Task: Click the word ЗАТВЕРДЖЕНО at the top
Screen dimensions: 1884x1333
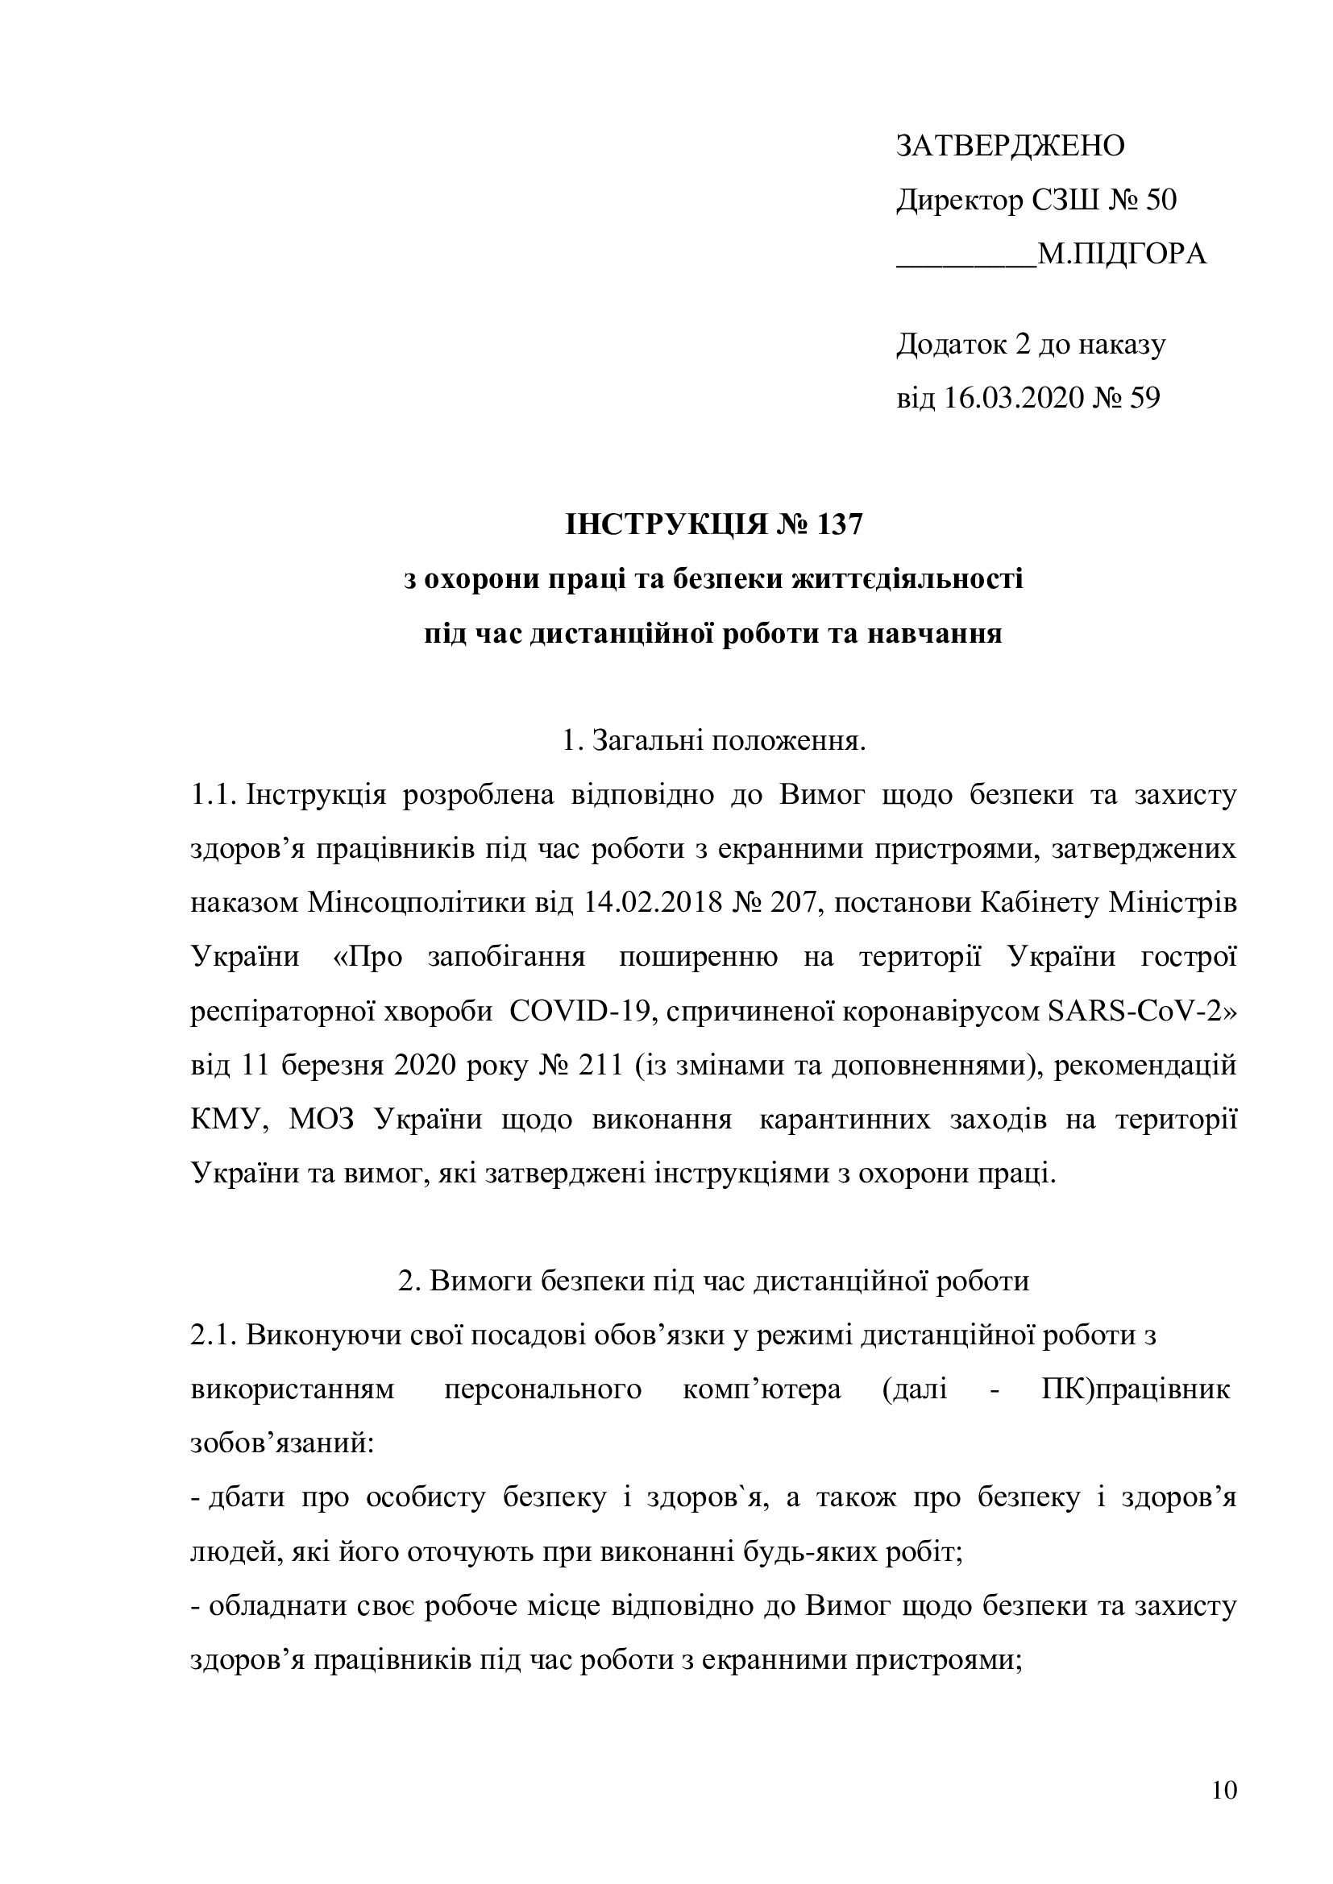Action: click(1010, 146)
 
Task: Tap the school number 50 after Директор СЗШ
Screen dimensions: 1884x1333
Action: click(1160, 201)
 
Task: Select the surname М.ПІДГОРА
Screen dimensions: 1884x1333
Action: click(1122, 255)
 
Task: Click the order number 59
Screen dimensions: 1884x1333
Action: click(1144, 399)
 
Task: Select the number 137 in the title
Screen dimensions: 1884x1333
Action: click(839, 525)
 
